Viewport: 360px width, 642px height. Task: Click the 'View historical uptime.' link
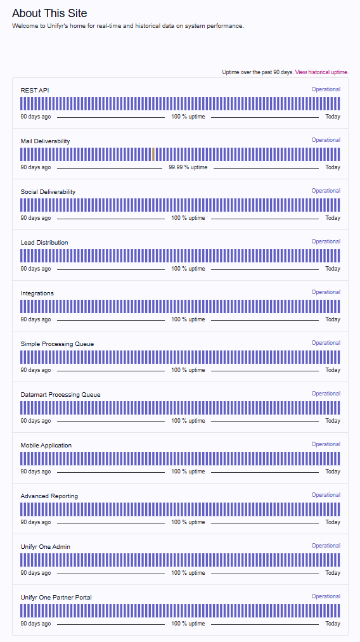click(321, 72)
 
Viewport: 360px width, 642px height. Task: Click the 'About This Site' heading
click(49, 13)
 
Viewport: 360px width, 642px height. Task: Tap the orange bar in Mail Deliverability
click(153, 155)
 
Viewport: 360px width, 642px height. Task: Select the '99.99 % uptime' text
click(188, 167)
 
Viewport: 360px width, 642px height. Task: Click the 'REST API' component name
click(35, 91)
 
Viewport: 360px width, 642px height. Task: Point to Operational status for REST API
click(326, 89)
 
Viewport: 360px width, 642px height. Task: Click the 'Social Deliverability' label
click(48, 192)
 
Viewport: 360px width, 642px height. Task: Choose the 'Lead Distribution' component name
click(44, 243)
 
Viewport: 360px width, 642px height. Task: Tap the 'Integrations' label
click(37, 293)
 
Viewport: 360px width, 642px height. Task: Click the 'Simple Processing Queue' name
click(57, 344)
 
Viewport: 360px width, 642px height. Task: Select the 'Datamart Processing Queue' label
click(60, 395)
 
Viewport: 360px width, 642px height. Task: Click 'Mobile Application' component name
click(46, 446)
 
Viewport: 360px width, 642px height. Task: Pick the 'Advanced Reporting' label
click(49, 496)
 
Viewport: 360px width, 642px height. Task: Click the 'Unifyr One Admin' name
click(46, 547)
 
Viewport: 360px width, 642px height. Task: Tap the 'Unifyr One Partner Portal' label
click(56, 598)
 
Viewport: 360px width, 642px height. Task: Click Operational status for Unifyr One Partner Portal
click(326, 596)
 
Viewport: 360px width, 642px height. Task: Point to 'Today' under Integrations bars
click(333, 319)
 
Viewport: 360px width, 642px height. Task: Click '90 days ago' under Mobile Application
click(35, 472)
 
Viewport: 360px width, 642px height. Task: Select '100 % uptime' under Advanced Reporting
click(188, 522)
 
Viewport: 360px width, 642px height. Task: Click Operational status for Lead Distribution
click(326, 241)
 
